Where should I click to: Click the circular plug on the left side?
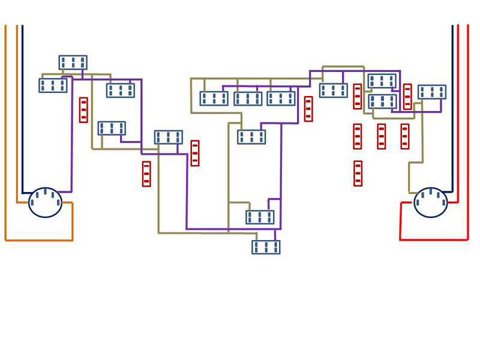[45, 202]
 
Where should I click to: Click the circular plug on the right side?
[430, 202]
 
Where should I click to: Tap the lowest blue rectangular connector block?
[266, 247]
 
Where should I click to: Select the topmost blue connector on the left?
[73, 62]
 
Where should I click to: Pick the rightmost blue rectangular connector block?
[431, 92]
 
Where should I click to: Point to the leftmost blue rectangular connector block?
[53, 85]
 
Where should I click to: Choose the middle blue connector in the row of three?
[248, 98]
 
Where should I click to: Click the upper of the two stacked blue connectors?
[382, 80]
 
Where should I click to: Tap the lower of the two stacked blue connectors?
[382, 101]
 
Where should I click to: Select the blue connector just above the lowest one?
[260, 217]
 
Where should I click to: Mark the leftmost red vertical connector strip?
[83, 110]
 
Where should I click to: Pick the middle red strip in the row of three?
[381, 136]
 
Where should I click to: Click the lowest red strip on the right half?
[358, 173]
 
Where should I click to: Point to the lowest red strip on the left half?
[146, 173]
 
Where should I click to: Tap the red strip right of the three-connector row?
[308, 109]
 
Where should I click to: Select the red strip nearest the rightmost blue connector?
[407, 96]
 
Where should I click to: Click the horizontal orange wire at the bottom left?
[39, 240]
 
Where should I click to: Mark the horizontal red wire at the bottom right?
[433, 239]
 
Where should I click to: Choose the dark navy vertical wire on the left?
[23, 108]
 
